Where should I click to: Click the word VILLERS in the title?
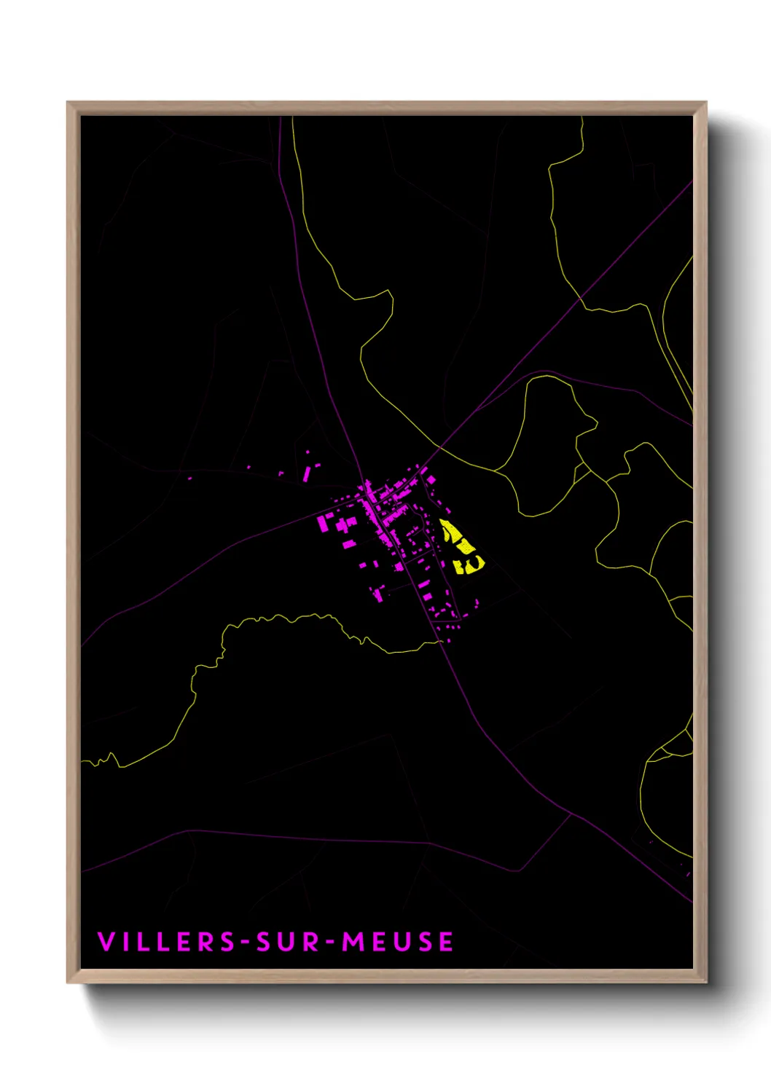click(167, 942)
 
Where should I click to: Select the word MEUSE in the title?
click(398, 942)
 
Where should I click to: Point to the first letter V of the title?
click(106, 942)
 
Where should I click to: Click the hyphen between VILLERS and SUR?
click(246, 943)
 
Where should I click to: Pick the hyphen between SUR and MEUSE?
click(330, 943)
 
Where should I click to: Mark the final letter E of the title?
click(445, 942)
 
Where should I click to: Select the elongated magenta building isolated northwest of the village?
click(307, 474)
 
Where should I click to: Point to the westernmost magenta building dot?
click(190, 479)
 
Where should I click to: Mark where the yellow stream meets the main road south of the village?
click(440, 642)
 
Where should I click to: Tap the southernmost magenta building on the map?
click(448, 641)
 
